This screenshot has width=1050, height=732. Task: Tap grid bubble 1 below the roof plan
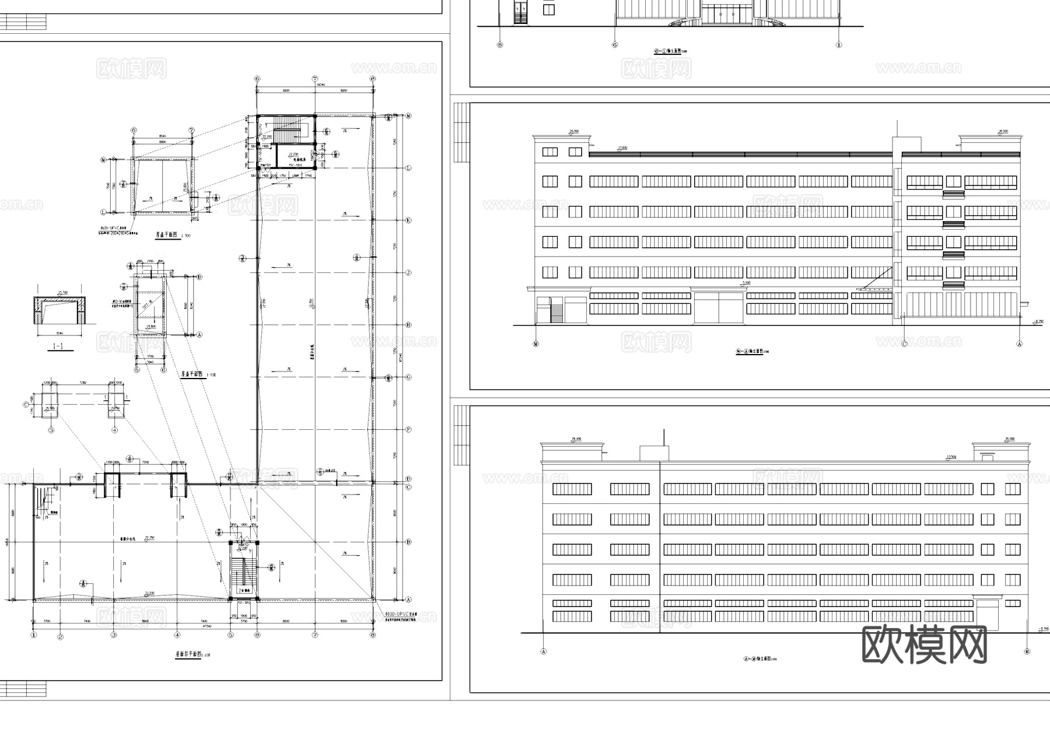point(34,635)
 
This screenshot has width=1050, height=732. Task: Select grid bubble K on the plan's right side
point(408,220)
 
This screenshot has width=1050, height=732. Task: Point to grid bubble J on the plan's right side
point(408,272)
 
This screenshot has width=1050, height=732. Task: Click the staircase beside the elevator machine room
point(286,125)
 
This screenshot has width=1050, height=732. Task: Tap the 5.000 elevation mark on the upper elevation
point(745,283)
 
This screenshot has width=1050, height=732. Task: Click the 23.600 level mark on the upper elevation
point(622,148)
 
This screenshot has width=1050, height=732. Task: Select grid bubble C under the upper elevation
point(905,344)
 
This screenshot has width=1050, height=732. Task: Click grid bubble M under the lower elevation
point(1027,651)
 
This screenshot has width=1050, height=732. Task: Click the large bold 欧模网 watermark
point(924,645)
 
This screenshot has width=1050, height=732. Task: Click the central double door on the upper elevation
point(718,307)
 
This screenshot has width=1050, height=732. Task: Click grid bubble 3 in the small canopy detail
point(51,430)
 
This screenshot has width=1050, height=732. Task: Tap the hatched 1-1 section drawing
point(61,310)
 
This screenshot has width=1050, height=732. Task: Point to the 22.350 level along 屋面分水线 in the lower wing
point(149,538)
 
